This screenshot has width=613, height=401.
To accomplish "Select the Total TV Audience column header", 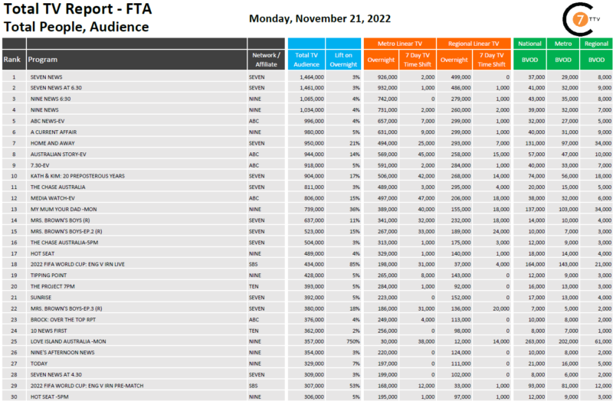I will tap(306, 60).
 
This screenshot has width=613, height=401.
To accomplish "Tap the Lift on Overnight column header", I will tap(343, 60).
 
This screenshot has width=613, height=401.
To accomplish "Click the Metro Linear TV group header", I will tap(399, 44).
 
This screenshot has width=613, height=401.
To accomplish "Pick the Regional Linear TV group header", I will tap(474, 44).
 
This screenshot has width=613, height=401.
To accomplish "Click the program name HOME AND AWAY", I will tap(51, 143).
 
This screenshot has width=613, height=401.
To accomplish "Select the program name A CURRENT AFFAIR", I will tap(52, 132).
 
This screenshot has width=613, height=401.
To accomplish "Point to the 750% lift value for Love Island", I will tap(352, 341).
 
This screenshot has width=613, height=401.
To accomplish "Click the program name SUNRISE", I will tap(41, 297).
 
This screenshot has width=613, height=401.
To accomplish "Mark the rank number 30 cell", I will tap(13, 396).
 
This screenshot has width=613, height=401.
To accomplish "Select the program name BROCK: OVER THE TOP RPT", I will tap(62, 319).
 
